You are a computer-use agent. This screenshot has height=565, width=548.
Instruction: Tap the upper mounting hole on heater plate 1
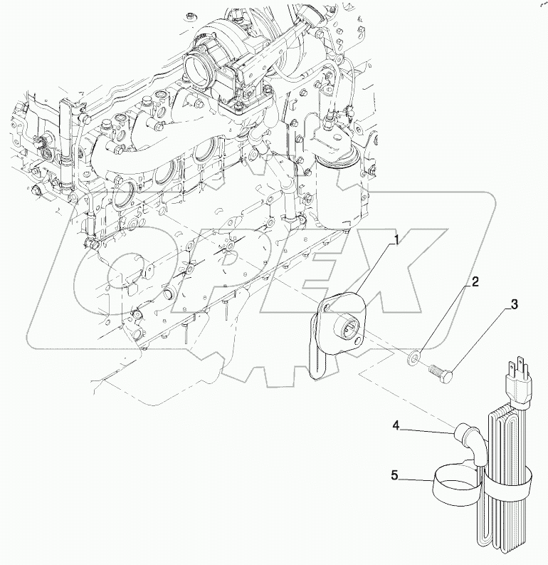click(326, 307)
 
